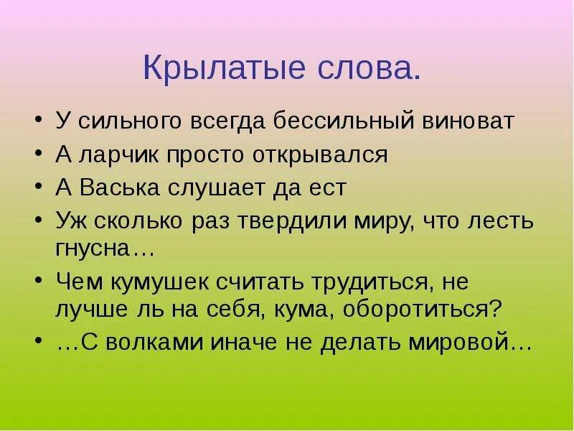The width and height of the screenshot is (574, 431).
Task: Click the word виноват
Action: pyautogui.click(x=474, y=121)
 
